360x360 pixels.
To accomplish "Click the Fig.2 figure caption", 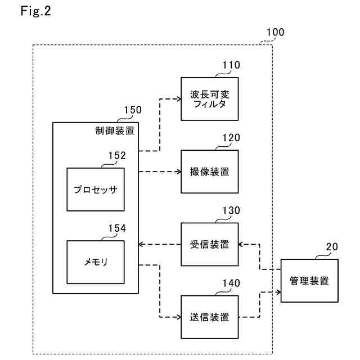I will (35, 12).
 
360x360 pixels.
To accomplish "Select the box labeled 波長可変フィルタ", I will (209, 98).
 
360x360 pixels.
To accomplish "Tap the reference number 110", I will (231, 66).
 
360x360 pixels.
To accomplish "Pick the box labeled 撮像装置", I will (209, 172).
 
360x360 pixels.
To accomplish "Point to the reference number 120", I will (231, 138).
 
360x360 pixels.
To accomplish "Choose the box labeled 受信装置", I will (209, 244).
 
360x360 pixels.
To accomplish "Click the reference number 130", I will (231, 211).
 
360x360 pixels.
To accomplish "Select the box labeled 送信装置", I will (209, 317).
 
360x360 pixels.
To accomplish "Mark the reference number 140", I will (231, 283).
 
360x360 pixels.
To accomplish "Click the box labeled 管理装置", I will (309, 281).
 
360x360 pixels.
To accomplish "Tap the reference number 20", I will (332, 247).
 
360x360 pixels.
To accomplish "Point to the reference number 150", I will (133, 110).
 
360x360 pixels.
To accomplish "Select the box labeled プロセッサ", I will (95, 189).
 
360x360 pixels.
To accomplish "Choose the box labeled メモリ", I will (95, 262).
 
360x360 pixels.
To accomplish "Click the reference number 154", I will (117, 228).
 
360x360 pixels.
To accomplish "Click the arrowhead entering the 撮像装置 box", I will (177, 172).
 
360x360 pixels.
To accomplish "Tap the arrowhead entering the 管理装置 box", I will (277, 292).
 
